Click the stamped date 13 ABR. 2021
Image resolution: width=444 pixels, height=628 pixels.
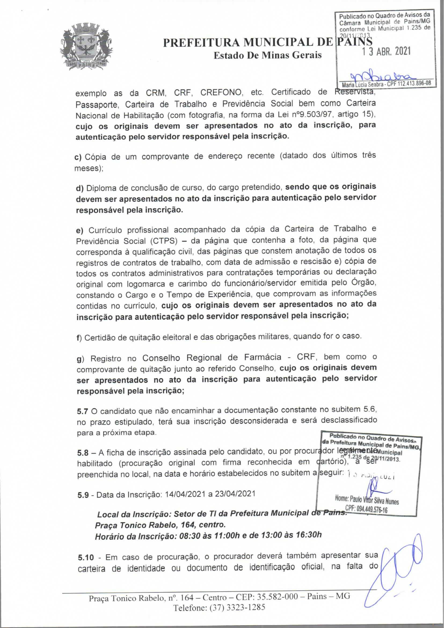coord(386,52)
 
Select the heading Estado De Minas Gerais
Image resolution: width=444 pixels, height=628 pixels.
coord(267,55)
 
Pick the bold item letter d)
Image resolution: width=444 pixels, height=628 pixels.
coord(79,188)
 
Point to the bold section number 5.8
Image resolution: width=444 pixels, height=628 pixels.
coord(83,453)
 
